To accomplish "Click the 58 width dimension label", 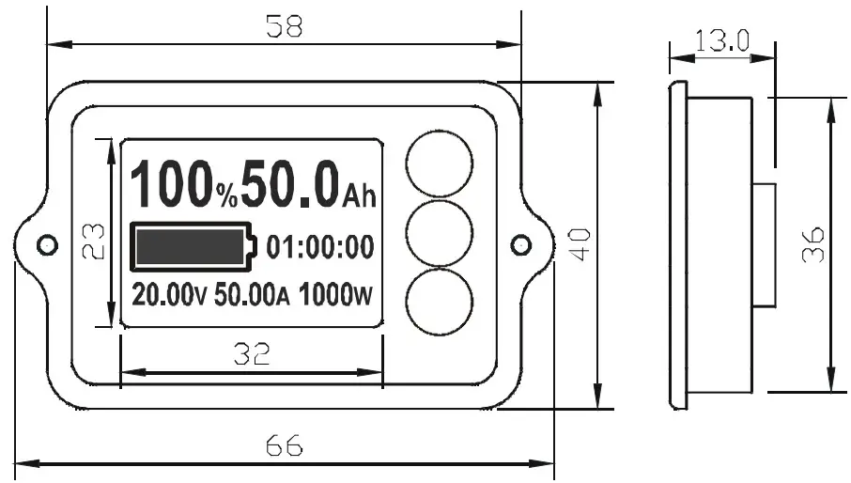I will point(284,26).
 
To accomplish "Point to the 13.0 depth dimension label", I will point(721,39).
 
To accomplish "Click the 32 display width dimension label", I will point(252,353).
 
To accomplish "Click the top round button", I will point(438,163).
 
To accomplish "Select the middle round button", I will point(438,231).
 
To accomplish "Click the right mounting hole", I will point(520,244).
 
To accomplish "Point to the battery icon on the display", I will point(193,246).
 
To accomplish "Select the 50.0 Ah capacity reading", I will point(308,184).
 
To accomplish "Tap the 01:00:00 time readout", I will point(320,247).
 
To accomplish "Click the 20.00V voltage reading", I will point(169,295).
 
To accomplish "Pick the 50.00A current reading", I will point(252,295).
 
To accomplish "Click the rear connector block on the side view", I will point(764,244).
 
